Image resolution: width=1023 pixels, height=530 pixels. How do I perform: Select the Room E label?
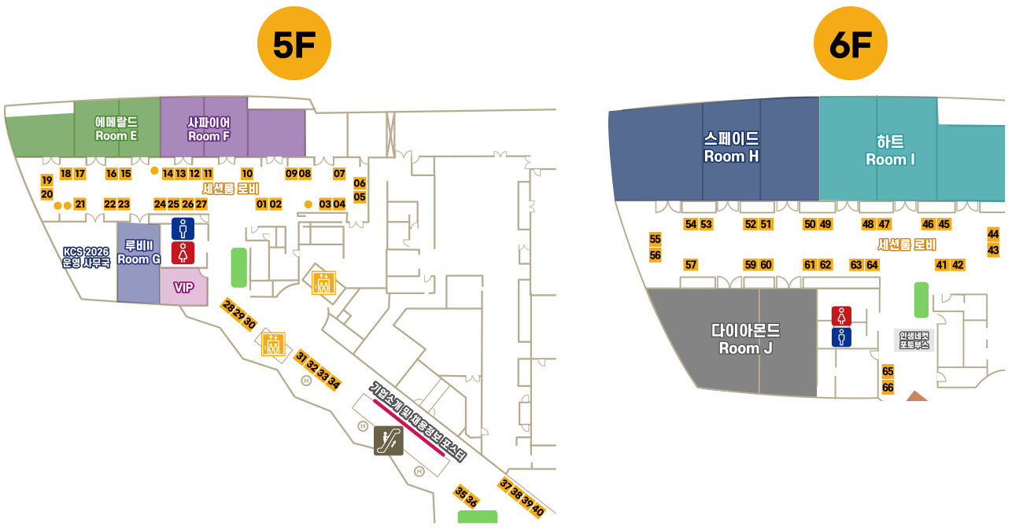tap(116, 129)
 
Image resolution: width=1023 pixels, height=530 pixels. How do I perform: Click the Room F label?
tap(209, 129)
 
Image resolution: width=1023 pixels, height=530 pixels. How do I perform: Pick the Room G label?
tap(138, 252)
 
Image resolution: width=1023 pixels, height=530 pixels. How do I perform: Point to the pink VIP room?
tap(183, 287)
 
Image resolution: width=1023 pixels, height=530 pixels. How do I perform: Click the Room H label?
tap(731, 148)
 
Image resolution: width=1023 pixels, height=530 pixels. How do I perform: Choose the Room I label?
tap(890, 151)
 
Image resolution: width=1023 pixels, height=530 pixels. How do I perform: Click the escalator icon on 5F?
tap(389, 440)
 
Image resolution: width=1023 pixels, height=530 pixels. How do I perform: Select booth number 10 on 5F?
tap(247, 174)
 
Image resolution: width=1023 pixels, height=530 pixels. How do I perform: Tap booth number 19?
tap(46, 181)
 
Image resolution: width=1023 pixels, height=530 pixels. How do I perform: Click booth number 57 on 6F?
tap(691, 264)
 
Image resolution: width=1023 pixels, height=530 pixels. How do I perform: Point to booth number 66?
tap(888, 387)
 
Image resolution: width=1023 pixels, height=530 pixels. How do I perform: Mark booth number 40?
tap(538, 511)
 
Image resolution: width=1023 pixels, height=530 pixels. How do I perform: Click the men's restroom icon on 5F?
tap(183, 229)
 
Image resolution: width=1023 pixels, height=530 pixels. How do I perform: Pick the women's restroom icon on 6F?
tap(842, 316)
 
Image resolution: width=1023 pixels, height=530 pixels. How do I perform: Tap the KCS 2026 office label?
tap(87, 258)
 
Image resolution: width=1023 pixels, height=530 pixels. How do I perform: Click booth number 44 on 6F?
tap(993, 234)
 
